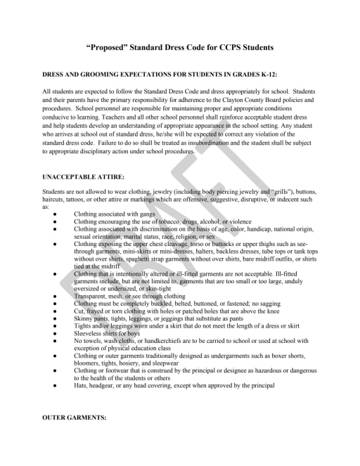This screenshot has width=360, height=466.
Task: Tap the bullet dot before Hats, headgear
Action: tap(55, 385)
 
